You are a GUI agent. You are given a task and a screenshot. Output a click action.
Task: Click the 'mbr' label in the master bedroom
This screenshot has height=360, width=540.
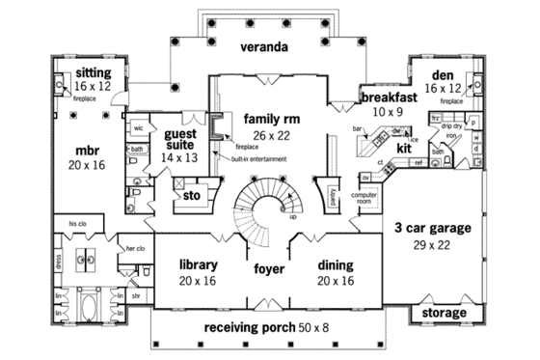click(88, 152)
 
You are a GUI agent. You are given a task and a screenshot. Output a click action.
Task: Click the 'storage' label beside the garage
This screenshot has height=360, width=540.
click(445, 314)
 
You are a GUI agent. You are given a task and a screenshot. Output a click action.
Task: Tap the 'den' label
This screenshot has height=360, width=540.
click(441, 74)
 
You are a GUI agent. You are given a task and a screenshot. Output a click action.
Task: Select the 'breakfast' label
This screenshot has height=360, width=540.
click(389, 97)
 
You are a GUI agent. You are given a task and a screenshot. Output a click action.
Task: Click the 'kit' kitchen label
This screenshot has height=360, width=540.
click(405, 150)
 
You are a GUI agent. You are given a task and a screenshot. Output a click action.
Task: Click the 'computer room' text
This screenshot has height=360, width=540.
click(364, 199)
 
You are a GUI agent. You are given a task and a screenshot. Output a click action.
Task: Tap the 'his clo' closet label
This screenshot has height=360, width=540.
click(78, 223)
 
